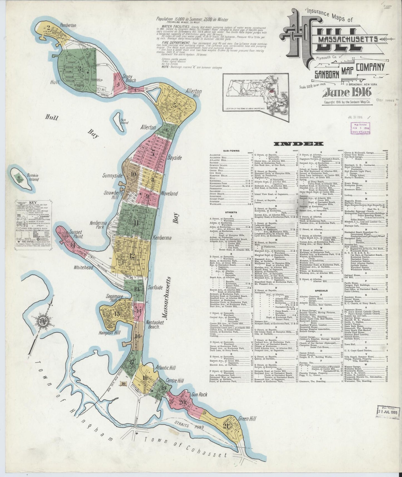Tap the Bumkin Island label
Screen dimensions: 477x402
click(33, 177)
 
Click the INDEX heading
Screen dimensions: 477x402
click(299, 144)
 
